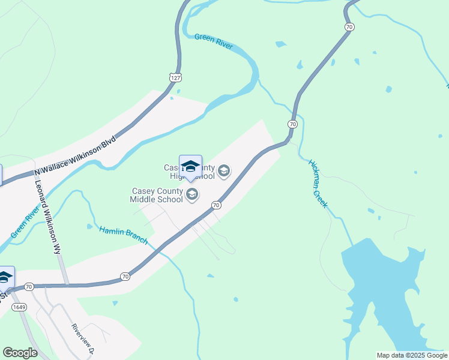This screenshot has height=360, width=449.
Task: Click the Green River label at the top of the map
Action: pos(213,41)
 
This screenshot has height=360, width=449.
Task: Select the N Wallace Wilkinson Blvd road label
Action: pos(76,156)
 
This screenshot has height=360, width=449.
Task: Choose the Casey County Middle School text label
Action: pos(157,195)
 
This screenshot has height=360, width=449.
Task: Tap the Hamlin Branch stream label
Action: pos(123,235)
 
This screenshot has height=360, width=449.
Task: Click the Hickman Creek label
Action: pos(318,184)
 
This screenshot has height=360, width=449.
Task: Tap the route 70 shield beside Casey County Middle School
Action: pos(216,205)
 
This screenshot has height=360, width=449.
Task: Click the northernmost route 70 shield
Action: pos(349,27)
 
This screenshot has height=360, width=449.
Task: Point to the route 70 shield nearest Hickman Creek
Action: pos(292,124)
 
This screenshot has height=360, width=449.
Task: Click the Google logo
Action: pos(20,353)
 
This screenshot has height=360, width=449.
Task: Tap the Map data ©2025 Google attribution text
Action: pos(412,355)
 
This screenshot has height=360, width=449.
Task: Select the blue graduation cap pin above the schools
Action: pos(190,167)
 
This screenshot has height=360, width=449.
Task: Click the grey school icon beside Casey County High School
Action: pos(224,172)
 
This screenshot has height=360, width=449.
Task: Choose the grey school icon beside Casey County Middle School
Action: pos(192,194)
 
